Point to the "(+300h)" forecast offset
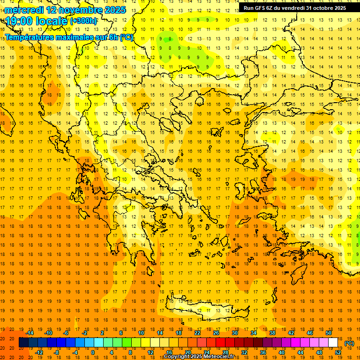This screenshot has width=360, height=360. (x=84, y=21)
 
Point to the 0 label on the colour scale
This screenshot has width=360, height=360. (x=92, y=352)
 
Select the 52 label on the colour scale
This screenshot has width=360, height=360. (x=338, y=352)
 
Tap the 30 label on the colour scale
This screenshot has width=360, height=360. (x=234, y=333)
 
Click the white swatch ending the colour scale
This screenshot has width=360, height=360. (x=333, y=343)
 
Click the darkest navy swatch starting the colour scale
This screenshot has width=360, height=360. (x=24, y=343)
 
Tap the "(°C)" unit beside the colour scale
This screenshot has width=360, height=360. (x=349, y=343)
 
